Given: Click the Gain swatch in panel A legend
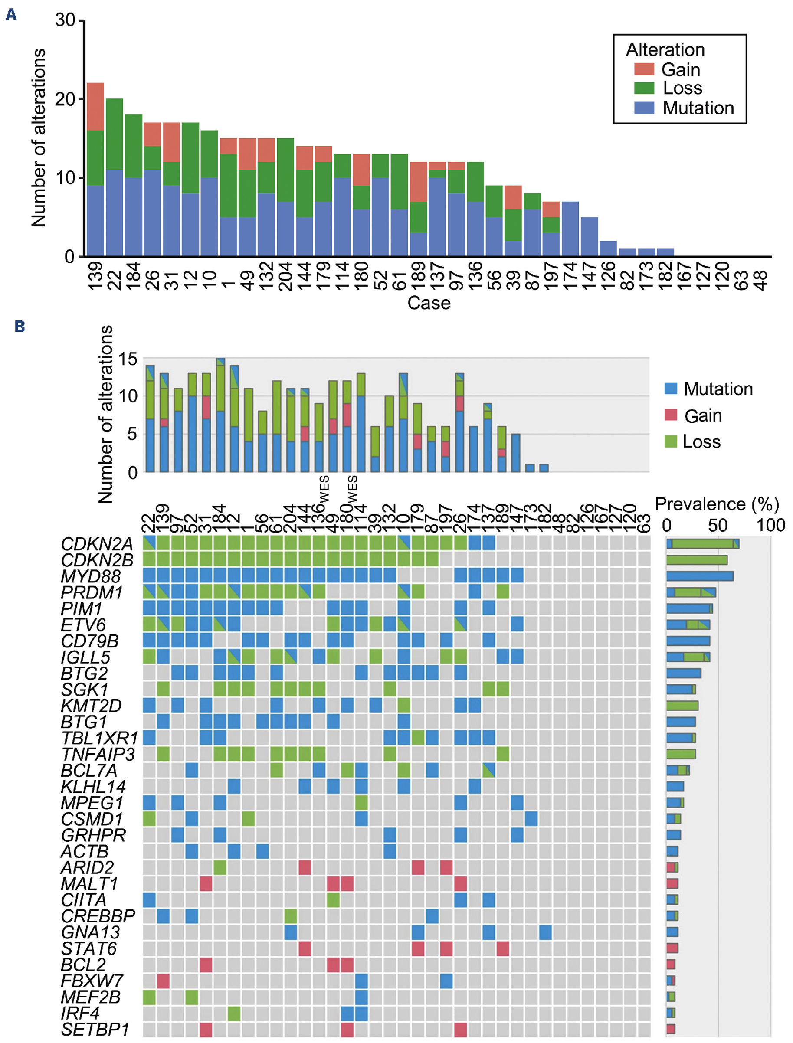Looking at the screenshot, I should pyautogui.click(x=644, y=69).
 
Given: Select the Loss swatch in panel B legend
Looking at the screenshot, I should pyautogui.click(x=670, y=441).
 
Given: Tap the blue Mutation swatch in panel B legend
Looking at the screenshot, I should pyautogui.click(x=670, y=389).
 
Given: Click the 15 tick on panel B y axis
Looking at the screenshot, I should pyautogui.click(x=128, y=359).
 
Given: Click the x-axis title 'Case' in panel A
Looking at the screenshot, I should pyautogui.click(x=429, y=303).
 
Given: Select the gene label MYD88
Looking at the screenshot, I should pyautogui.click(x=91, y=576).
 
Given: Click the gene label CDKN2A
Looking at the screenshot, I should pyautogui.click(x=97, y=544).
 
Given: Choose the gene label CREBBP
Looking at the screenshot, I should pyautogui.click(x=98, y=916).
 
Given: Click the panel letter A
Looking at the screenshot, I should pyautogui.click(x=11, y=15).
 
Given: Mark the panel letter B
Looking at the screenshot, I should pyautogui.click(x=20, y=326).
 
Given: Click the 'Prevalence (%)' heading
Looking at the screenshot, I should pyautogui.click(x=717, y=504).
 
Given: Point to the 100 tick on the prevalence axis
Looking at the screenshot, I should pyautogui.click(x=771, y=525).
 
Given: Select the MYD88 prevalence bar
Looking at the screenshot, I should pyautogui.click(x=700, y=576).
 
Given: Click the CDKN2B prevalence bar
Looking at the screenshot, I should pyautogui.click(x=697, y=560).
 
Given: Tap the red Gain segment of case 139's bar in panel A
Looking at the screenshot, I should pyautogui.click(x=95, y=106).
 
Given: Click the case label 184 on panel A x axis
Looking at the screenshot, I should pyautogui.click(x=134, y=277).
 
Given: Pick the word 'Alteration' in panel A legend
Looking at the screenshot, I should pyautogui.click(x=665, y=49).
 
